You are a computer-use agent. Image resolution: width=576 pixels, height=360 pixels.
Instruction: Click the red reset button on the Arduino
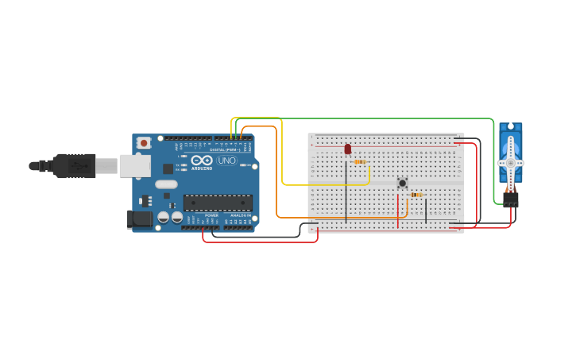tap(144, 143)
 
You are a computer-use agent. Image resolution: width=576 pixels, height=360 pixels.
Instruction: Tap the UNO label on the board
tap(227, 161)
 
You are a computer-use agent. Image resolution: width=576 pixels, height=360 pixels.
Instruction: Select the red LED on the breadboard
tap(347, 149)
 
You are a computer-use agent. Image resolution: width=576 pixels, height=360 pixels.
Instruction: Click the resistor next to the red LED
tap(359, 161)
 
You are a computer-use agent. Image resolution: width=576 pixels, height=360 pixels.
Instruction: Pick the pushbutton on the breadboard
tap(402, 183)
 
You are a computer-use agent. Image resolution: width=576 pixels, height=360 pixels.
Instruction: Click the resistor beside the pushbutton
tap(416, 195)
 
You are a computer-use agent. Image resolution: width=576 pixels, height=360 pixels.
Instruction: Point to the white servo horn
tap(510, 162)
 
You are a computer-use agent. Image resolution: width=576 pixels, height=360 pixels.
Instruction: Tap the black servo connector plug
tap(510, 199)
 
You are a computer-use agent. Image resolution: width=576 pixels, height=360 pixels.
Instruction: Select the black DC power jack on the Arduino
tap(141, 219)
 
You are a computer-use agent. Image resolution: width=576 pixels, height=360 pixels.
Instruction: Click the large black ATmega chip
tap(218, 203)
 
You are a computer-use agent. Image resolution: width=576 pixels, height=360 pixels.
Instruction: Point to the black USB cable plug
tap(75, 165)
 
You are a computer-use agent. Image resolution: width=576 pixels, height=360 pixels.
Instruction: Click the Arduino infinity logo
tap(202, 161)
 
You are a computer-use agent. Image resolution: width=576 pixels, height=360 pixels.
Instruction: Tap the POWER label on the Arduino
tap(211, 215)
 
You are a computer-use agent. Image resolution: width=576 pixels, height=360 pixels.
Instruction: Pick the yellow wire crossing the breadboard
tap(326, 185)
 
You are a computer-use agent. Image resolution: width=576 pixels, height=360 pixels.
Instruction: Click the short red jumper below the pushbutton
tap(398, 211)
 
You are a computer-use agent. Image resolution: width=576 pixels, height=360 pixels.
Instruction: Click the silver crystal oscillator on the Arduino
tap(166, 184)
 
